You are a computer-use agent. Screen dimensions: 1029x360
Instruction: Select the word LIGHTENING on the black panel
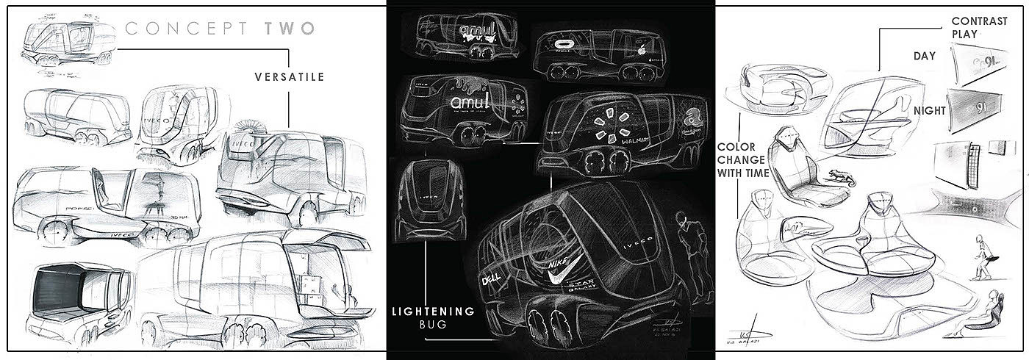(434, 310)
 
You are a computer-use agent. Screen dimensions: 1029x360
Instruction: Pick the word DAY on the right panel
(923, 57)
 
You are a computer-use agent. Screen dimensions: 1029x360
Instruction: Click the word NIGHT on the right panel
(930, 109)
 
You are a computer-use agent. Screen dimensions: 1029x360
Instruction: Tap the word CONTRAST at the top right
(979, 21)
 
